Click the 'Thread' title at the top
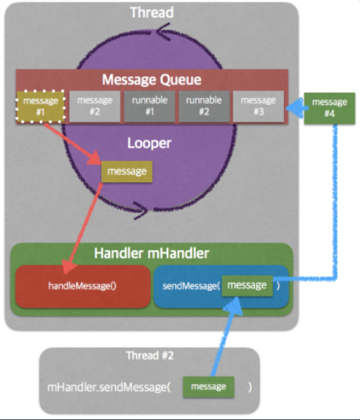click(152, 12)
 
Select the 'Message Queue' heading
click(151, 80)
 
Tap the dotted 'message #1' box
click(40, 106)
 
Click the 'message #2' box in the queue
click(94, 106)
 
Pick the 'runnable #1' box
click(149, 106)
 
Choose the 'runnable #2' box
click(203, 106)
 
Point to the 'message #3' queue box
click(258, 106)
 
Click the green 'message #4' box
click(330, 107)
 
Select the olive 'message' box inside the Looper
click(126, 171)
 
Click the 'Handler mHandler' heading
click(151, 253)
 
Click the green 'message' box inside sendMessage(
click(246, 285)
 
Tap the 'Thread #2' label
click(150, 356)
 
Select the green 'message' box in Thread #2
click(208, 387)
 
